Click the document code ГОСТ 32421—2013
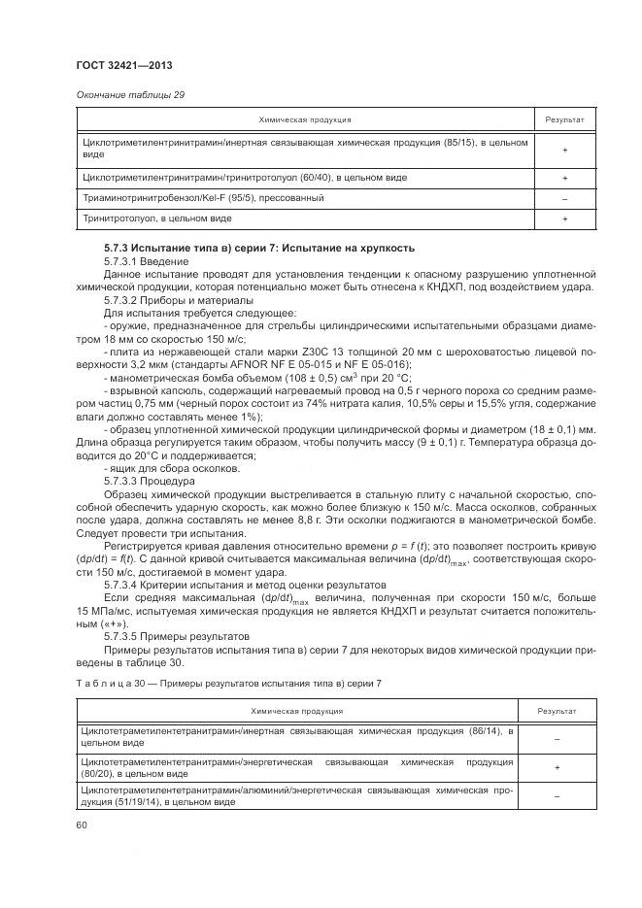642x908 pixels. click(x=118, y=66)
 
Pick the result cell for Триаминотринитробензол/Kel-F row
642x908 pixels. click(x=563, y=199)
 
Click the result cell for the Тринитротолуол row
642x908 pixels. click(x=563, y=219)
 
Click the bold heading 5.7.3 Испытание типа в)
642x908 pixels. click(x=259, y=249)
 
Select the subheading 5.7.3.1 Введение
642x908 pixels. click(x=143, y=262)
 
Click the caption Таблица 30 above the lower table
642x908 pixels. click(x=106, y=685)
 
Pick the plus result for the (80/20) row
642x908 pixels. click(x=557, y=767)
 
